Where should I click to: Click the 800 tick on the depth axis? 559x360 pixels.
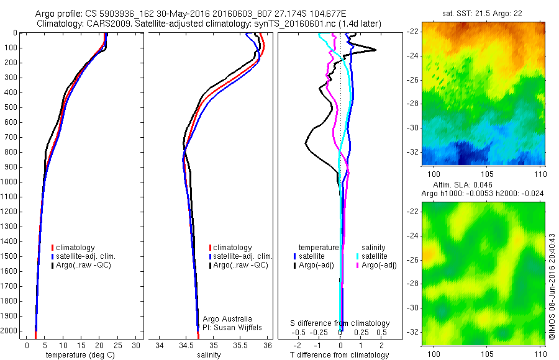point(12,152)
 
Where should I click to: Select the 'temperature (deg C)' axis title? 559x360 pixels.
point(82,355)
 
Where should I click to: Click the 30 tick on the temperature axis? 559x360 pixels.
point(137,345)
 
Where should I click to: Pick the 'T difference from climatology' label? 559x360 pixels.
point(339,355)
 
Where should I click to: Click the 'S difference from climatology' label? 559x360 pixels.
point(340,323)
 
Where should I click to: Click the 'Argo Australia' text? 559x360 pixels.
point(228,318)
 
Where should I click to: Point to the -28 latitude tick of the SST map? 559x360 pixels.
point(413,104)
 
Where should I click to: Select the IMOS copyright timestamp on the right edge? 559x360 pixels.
point(552,287)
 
